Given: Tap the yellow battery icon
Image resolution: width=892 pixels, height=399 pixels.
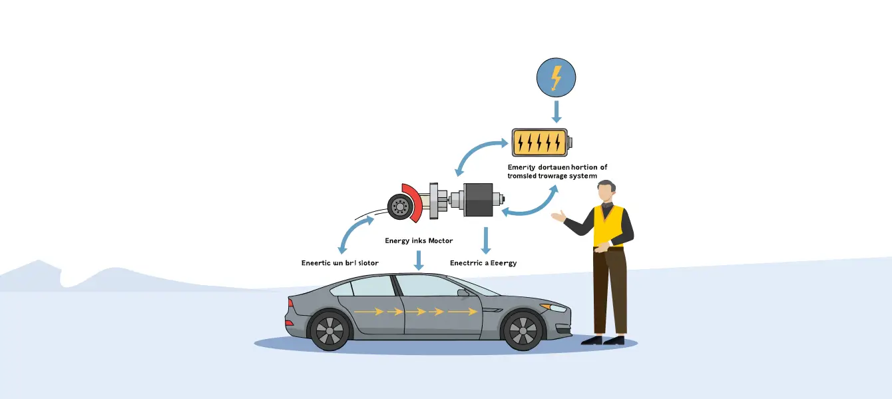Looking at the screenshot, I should click(x=541, y=142).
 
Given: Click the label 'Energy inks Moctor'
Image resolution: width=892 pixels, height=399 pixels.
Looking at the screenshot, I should click(x=418, y=240).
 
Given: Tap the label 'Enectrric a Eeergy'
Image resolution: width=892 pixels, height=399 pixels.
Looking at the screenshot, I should click(x=483, y=263).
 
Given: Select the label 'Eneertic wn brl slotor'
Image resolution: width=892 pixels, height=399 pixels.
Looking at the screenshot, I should click(x=340, y=263).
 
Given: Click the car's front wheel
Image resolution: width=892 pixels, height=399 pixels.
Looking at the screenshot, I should click(x=523, y=330).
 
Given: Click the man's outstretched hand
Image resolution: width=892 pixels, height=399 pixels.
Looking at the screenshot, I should click(x=558, y=216).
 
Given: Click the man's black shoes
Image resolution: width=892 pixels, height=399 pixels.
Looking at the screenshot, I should click(x=602, y=340).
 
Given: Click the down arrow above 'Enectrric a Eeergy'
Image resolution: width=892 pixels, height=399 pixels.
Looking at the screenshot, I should click(x=486, y=240).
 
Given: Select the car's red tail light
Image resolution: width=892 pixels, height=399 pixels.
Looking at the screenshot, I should click(x=290, y=322).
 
